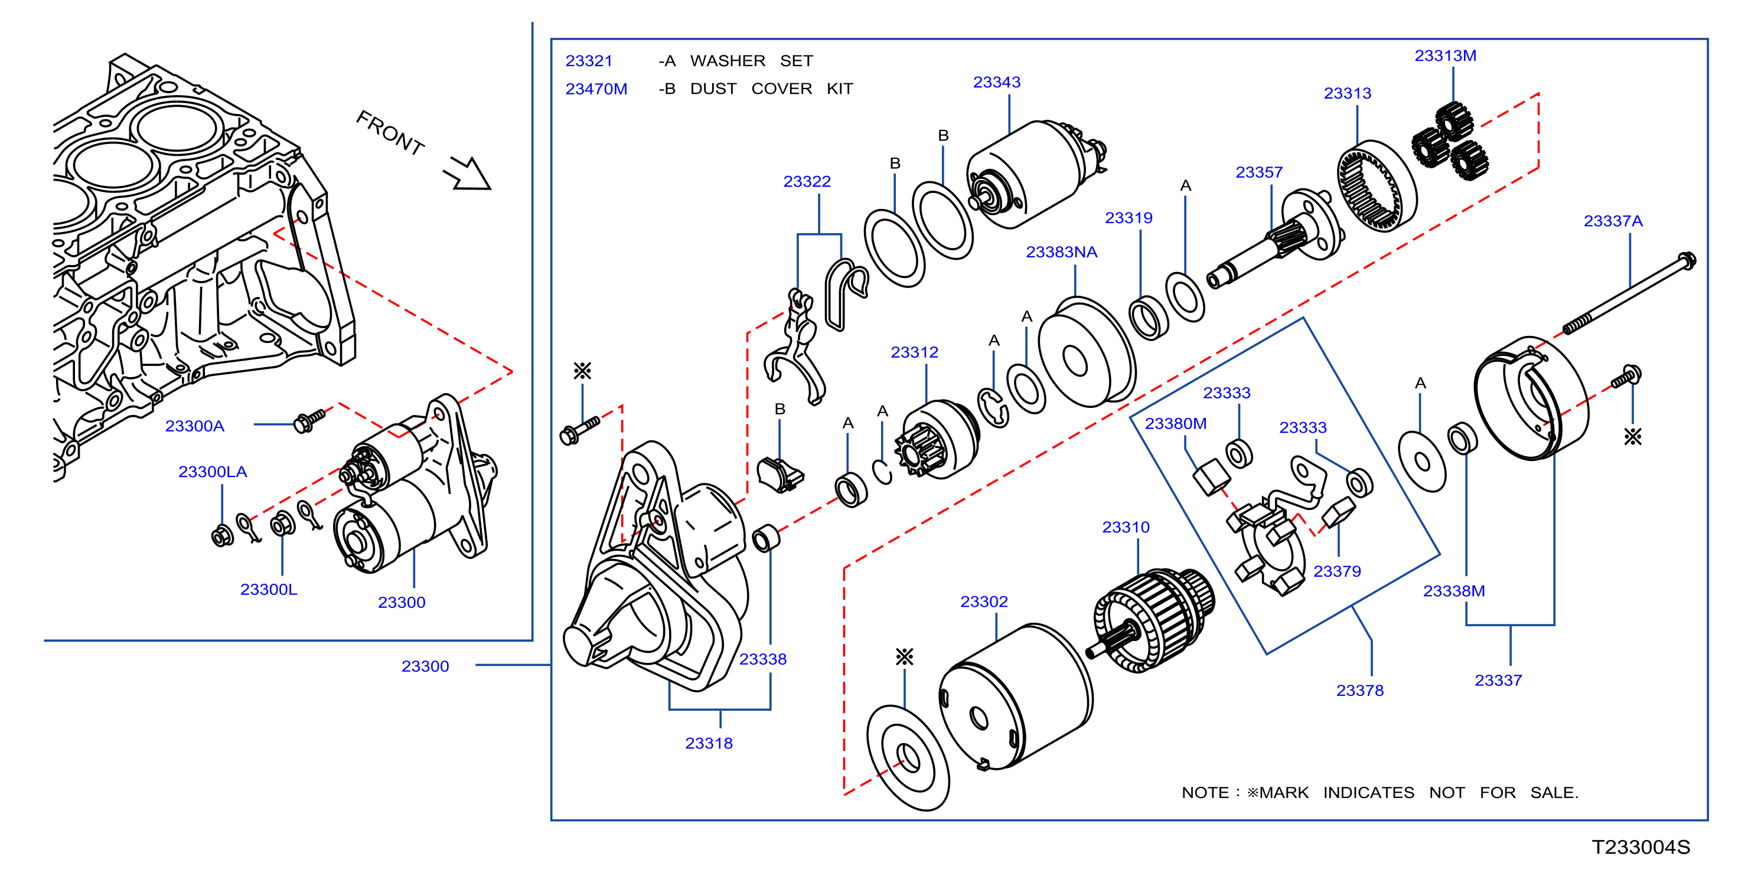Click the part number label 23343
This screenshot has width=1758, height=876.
(x=996, y=83)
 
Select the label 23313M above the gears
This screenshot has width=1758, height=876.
(x=1445, y=56)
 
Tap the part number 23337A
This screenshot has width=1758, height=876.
(x=1613, y=221)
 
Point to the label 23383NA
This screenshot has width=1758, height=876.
(x=1061, y=253)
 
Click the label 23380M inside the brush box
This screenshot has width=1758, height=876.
(x=1175, y=424)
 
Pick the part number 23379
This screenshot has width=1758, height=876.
(x=1337, y=572)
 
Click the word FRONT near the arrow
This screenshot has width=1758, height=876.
(x=390, y=132)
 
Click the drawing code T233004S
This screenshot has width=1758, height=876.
(x=1640, y=847)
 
